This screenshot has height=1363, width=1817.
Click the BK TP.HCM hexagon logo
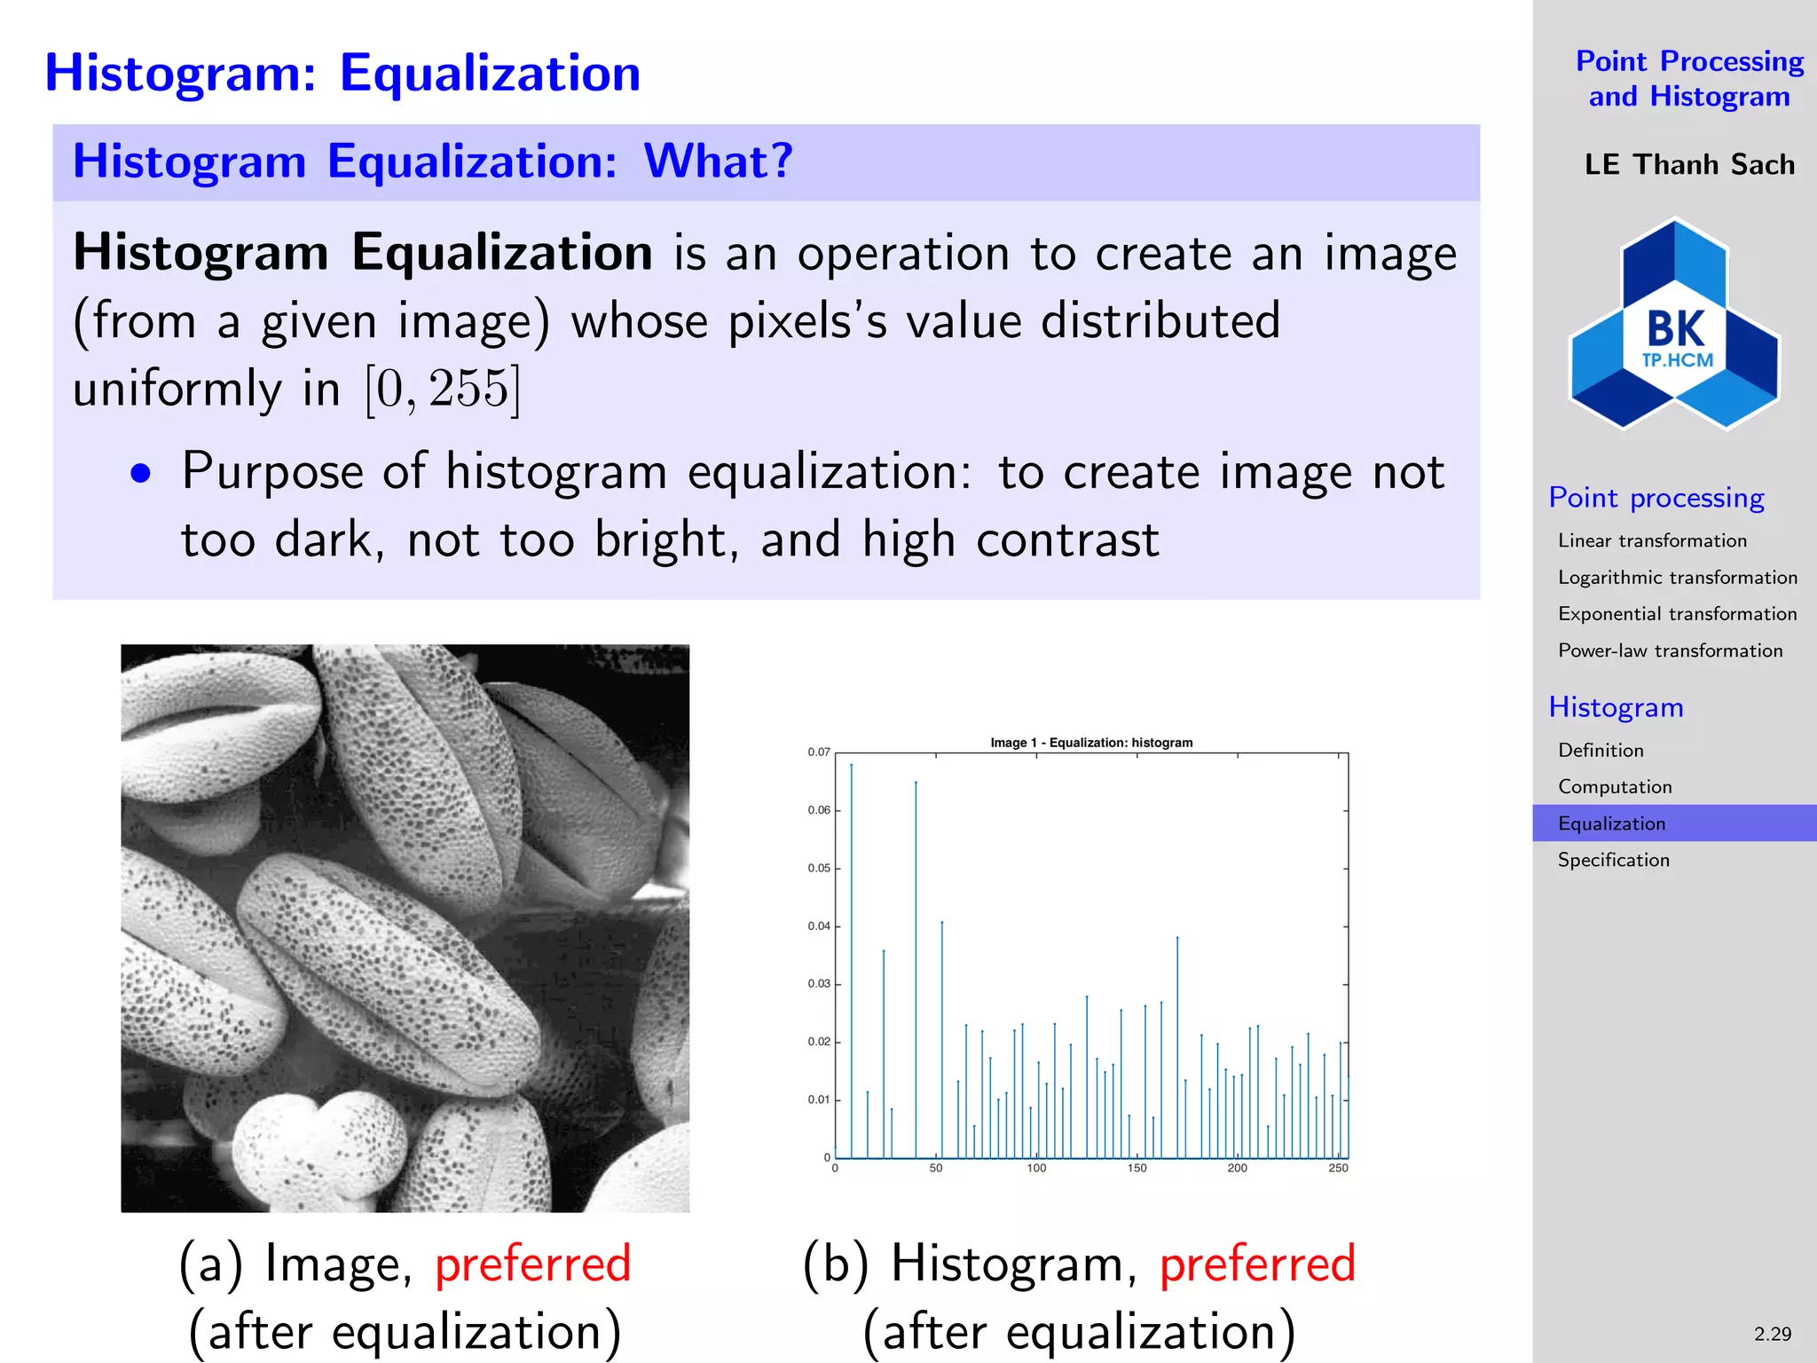[1674, 325]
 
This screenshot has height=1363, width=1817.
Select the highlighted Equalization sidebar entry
[1611, 823]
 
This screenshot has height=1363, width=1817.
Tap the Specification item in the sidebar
[1613, 860]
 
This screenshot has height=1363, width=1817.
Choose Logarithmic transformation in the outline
[1677, 578]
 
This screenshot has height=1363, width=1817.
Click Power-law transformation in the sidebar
[1670, 650]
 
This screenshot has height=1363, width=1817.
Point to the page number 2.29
[1772, 1334]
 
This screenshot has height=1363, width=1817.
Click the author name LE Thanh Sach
[1689, 165]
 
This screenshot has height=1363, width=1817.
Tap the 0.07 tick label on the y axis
[818, 752]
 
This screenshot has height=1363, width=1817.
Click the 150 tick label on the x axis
[1137, 1169]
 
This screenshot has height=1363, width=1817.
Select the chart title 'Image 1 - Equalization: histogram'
[1091, 743]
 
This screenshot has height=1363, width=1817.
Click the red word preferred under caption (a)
[532, 1264]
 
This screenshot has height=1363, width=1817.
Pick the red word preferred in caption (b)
[1257, 1264]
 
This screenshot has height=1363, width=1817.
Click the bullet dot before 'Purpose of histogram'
[140, 474]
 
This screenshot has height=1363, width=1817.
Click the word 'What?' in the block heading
[718, 162]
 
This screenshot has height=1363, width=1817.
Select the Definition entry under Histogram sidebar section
[1601, 751]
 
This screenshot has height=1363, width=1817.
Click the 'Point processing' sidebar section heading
[1656, 498]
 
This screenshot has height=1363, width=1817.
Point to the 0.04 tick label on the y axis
[818, 926]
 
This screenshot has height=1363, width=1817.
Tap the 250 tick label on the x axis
[1338, 1169]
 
